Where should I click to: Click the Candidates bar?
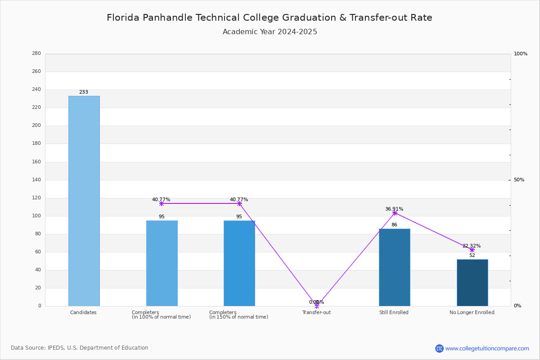click(x=84, y=201)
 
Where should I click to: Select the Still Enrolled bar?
click(x=394, y=267)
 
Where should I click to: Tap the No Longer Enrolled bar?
click(x=472, y=283)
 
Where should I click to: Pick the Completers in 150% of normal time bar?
click(x=239, y=263)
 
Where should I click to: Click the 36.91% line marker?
click(x=395, y=213)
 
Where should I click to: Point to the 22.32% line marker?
click(x=472, y=250)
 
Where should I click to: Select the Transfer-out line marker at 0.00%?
click(x=317, y=306)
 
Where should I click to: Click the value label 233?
click(x=84, y=92)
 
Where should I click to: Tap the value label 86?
click(x=394, y=225)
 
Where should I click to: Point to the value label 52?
click(x=472, y=255)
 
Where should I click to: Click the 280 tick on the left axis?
click(x=36, y=53)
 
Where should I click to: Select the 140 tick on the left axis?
click(x=36, y=180)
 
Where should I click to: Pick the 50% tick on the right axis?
click(x=519, y=180)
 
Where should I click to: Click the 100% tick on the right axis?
click(x=521, y=54)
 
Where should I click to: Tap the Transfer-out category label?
click(x=316, y=312)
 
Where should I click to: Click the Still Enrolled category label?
click(x=394, y=312)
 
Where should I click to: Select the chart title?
click(x=270, y=18)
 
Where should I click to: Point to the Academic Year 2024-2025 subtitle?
click(x=270, y=32)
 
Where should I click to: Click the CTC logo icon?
click(x=439, y=348)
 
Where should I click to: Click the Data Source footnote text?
click(x=80, y=348)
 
